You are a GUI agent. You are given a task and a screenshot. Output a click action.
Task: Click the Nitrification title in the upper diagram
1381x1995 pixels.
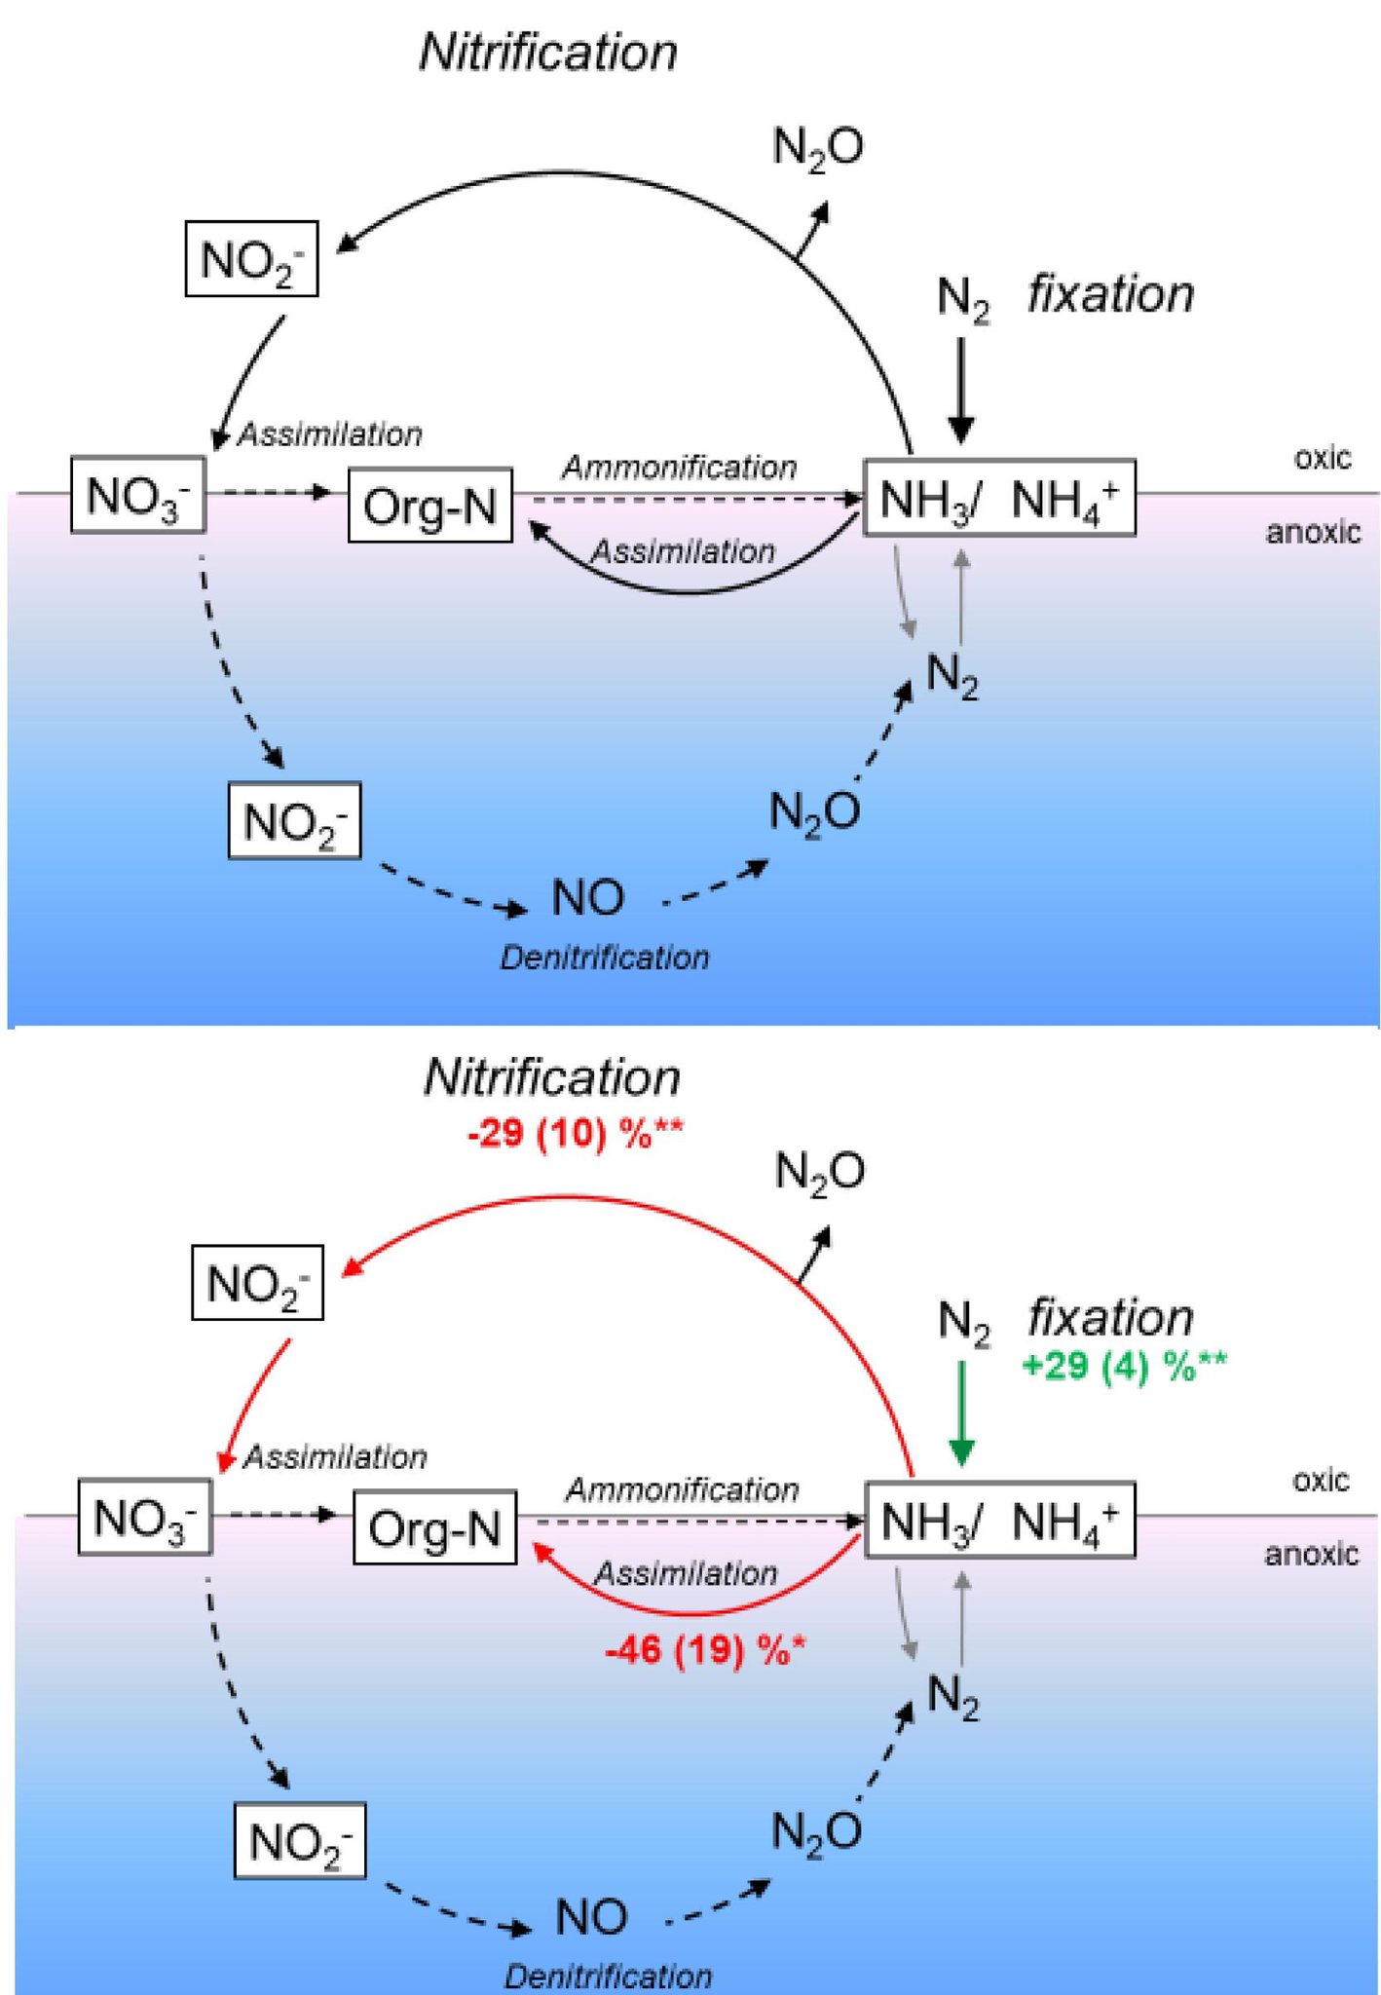(x=548, y=52)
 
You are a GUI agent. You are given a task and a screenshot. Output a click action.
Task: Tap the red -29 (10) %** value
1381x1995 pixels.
(x=576, y=1135)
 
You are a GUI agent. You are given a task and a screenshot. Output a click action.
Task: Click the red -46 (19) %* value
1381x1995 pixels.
(x=705, y=1650)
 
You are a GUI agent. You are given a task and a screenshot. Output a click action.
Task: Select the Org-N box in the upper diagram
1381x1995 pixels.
(x=430, y=506)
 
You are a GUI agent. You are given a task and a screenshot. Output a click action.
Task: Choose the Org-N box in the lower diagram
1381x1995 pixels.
(x=434, y=1527)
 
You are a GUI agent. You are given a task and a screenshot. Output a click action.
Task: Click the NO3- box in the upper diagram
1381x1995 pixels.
(x=138, y=495)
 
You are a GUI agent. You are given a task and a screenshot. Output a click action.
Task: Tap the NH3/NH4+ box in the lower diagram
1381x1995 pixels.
(x=1000, y=1521)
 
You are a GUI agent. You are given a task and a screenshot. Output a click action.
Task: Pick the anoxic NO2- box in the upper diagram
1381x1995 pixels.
(x=294, y=821)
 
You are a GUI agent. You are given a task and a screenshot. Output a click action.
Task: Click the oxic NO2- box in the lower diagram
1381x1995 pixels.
(x=258, y=1283)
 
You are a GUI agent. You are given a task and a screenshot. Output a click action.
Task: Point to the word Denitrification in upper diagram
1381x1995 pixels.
(x=605, y=959)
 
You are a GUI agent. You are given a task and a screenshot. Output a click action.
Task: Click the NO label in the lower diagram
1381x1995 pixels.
(x=591, y=1917)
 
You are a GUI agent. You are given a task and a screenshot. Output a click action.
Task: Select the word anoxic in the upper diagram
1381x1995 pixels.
(x=1313, y=532)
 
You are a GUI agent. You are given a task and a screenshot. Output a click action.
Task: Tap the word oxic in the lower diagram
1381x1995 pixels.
(x=1321, y=1481)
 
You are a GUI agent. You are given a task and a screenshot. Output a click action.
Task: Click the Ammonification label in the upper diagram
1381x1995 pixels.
(x=680, y=468)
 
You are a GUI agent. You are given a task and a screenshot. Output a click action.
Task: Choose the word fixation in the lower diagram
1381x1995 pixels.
(x=1111, y=1318)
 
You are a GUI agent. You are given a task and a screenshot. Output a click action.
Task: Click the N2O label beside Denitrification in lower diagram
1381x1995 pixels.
(x=816, y=1832)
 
